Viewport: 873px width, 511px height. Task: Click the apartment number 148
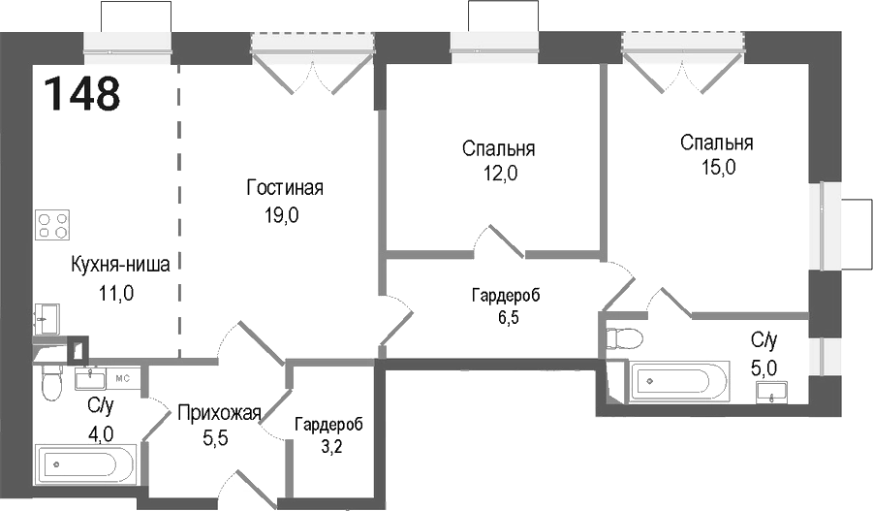(82, 94)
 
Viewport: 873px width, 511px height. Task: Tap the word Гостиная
(284, 188)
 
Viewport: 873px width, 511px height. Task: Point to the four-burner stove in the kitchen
(52, 226)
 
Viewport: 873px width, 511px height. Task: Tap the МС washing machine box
(123, 377)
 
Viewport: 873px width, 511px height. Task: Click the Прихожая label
(219, 415)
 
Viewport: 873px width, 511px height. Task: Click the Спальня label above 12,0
(498, 149)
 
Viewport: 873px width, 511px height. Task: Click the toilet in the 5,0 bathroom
(621, 338)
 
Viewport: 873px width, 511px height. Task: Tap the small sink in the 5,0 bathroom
(771, 392)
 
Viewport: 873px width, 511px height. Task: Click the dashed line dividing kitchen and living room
(179, 213)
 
